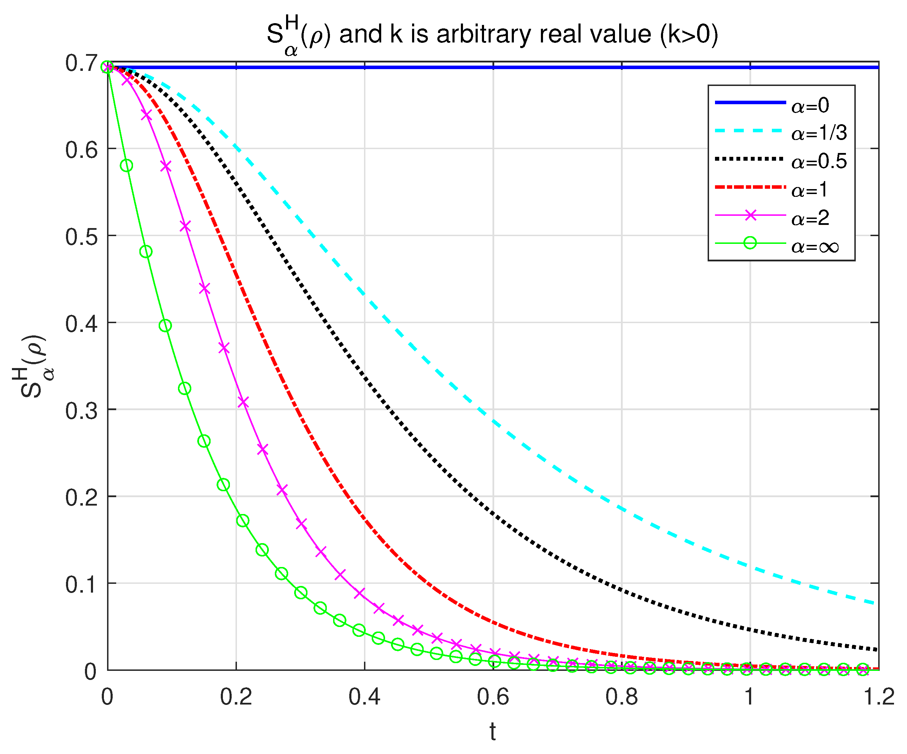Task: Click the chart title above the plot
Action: (492, 34)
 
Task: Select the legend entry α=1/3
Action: (819, 133)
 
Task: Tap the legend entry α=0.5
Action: (819, 161)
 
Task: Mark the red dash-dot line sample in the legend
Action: (750, 187)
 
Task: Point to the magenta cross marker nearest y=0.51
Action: (185, 226)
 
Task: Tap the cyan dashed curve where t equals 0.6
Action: (493, 421)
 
